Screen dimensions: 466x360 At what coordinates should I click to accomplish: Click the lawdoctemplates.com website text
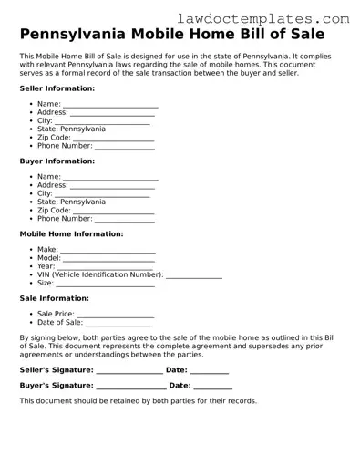tap(275, 18)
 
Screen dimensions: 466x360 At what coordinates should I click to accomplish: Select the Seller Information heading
tap(57, 88)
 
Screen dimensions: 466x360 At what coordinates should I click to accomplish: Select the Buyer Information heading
tap(57, 161)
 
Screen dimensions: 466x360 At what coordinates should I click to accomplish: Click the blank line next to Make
tap(108, 251)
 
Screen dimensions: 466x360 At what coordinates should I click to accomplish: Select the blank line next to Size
tap(106, 285)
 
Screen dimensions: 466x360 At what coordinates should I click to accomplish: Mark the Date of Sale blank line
tap(118, 323)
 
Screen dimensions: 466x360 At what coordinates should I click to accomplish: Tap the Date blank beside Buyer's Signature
tap(213, 387)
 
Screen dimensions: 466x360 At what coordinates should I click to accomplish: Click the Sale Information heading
tap(54, 298)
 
